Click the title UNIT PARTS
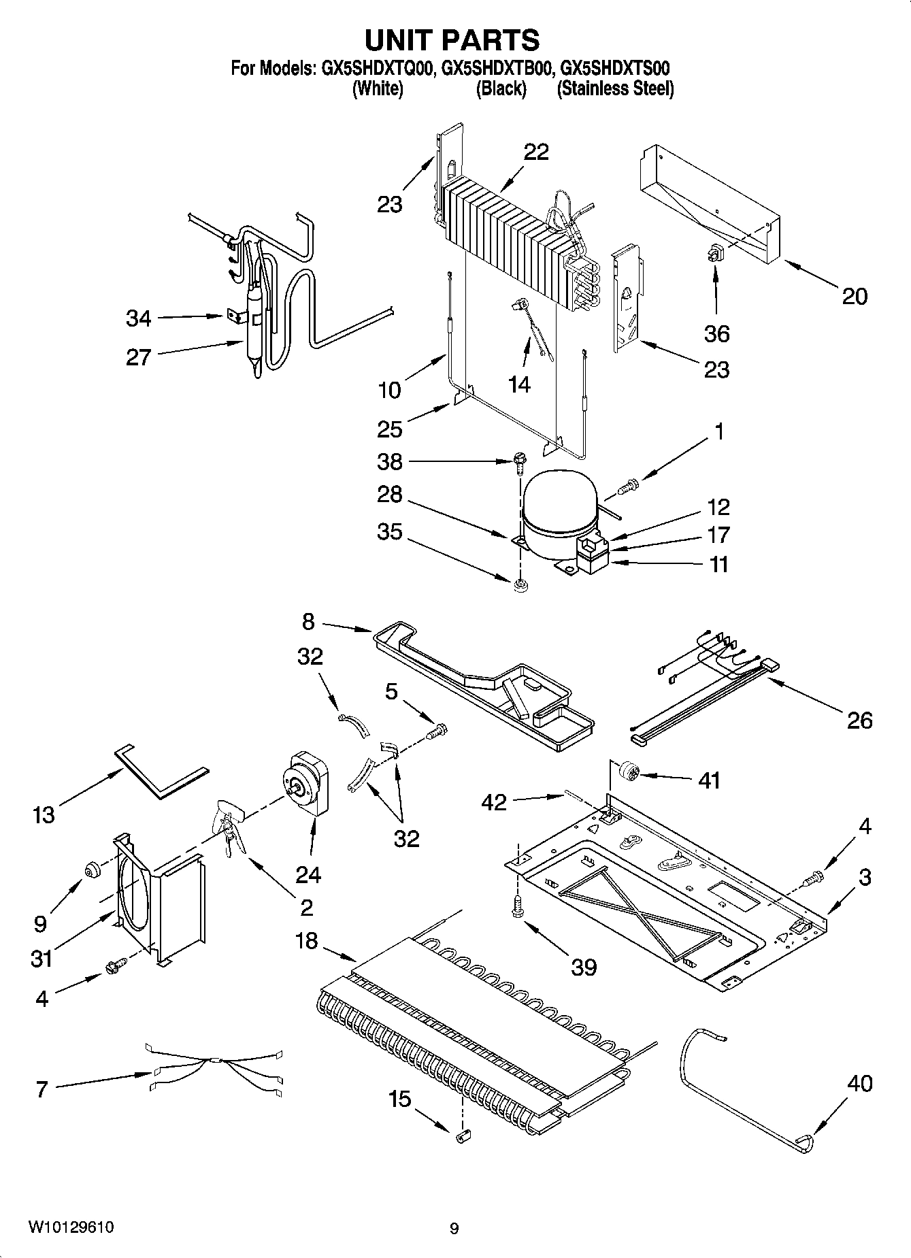coord(452,40)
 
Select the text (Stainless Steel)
coord(615,89)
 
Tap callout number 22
coord(536,152)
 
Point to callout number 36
coord(717,333)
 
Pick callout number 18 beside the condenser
coord(306,942)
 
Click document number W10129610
coord(71,1227)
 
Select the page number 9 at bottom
coord(454,1228)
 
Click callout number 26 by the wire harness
coord(859,721)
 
